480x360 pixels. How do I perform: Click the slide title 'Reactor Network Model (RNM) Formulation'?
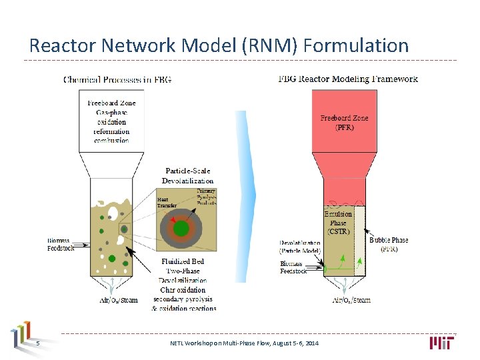tap(219, 45)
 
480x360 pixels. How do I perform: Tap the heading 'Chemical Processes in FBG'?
tap(117, 80)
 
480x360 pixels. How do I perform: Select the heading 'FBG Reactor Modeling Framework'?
tap(347, 79)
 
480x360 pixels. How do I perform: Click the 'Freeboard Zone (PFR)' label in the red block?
tap(344, 123)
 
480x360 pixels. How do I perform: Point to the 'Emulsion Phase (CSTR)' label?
tap(338, 223)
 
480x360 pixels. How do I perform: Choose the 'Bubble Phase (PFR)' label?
tap(389, 244)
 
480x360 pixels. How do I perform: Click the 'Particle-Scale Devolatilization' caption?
tap(187, 176)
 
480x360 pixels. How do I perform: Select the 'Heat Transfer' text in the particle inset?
tap(167, 203)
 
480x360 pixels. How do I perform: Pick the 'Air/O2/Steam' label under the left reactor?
tap(119, 300)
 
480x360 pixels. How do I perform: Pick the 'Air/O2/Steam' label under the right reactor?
tap(351, 300)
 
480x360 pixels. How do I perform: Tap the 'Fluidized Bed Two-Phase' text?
tap(182, 267)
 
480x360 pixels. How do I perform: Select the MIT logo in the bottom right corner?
tap(443, 343)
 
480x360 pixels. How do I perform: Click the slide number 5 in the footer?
tap(38, 343)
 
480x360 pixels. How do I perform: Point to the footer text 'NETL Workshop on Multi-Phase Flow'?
tap(244, 343)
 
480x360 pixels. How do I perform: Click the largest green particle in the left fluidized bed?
tap(112, 259)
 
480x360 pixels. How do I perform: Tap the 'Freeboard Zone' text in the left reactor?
tap(111, 103)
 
